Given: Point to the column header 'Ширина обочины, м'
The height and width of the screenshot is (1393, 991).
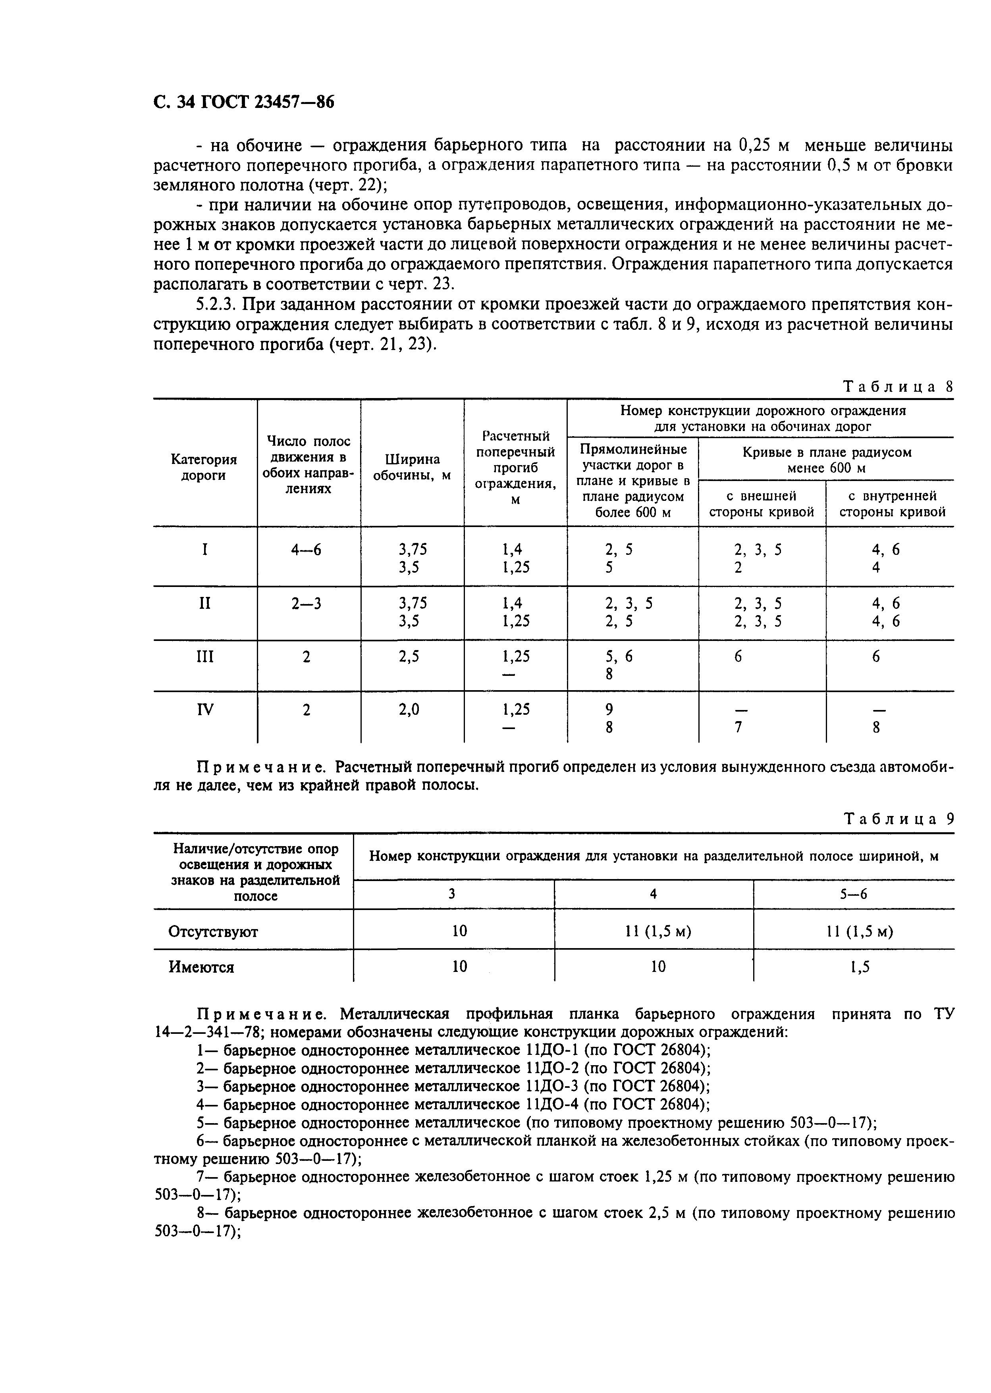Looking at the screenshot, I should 412,467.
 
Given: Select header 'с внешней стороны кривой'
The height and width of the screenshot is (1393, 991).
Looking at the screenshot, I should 762,504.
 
